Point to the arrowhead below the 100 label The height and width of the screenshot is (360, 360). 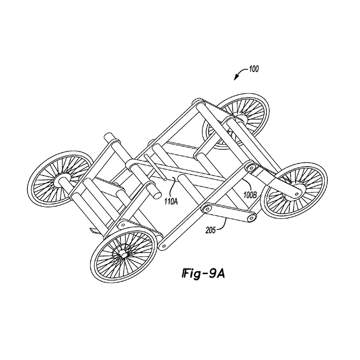pos(235,79)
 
